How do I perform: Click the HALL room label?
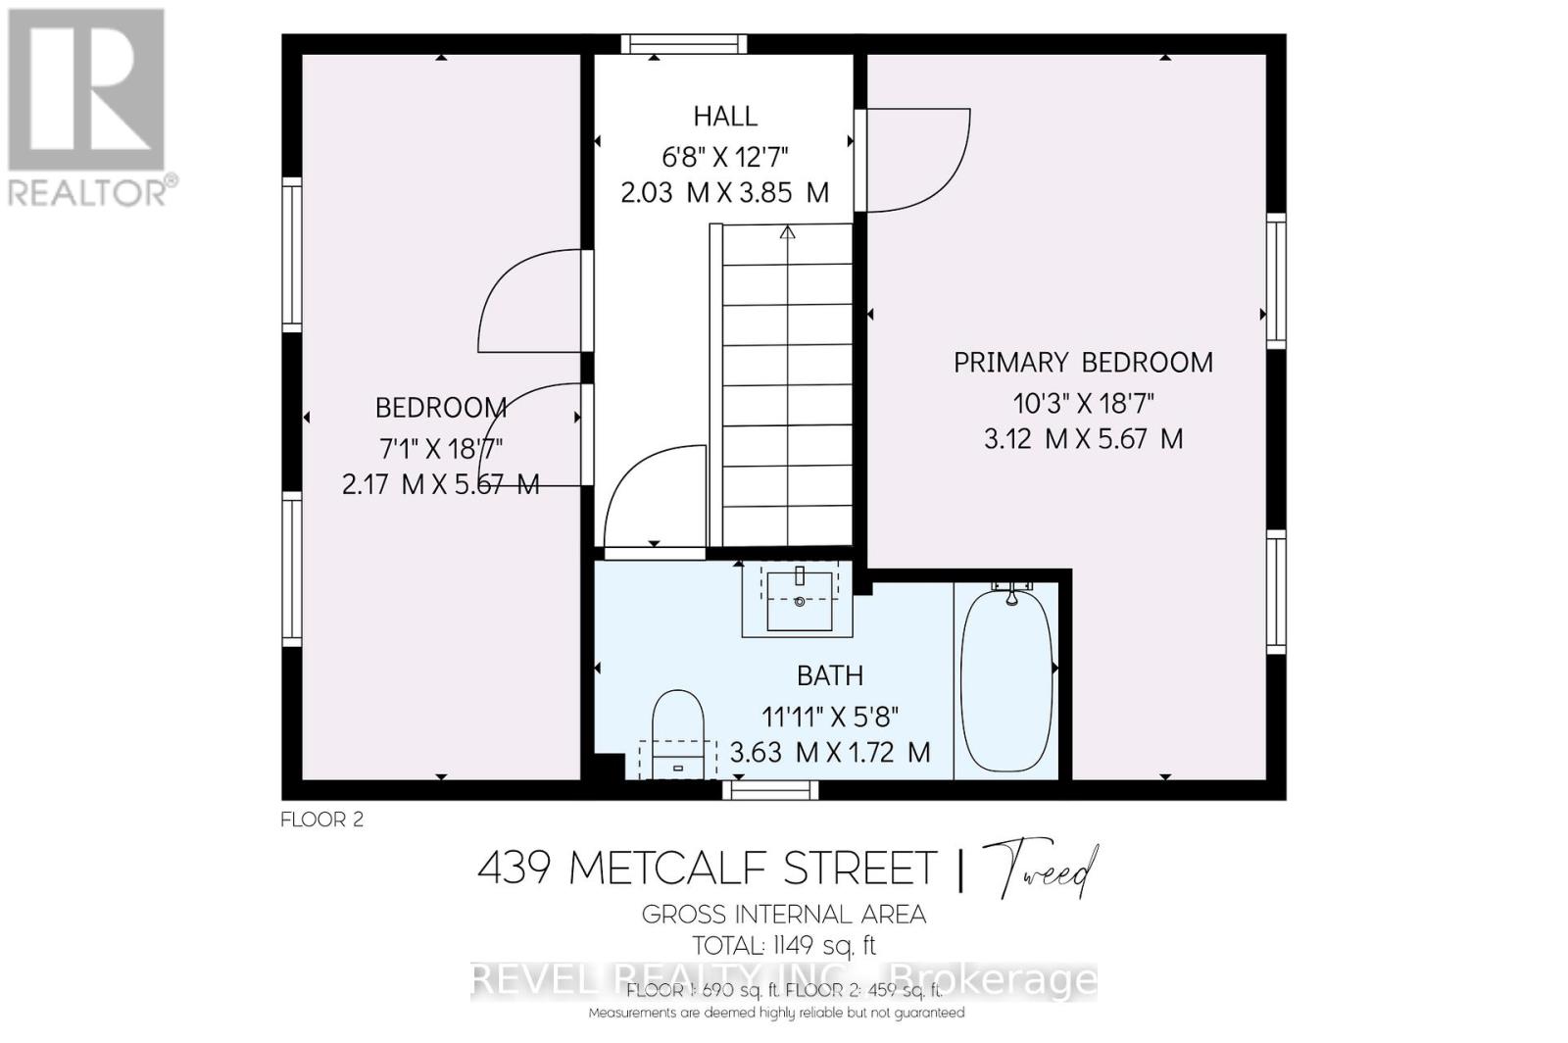point(725,117)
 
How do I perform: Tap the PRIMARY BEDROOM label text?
point(1083,363)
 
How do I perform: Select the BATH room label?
point(829,675)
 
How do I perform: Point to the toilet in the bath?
point(678,725)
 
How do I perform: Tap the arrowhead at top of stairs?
point(787,233)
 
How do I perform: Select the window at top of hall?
point(683,44)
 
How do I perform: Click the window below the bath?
point(770,790)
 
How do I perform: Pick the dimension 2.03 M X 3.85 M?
point(725,193)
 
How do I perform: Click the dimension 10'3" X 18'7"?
point(1083,403)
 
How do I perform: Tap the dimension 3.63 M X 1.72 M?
point(829,753)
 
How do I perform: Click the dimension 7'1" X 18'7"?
point(441,449)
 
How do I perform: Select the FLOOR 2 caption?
point(321,819)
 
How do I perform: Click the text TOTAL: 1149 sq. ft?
point(783,946)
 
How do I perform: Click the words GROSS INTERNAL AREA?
point(783,915)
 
